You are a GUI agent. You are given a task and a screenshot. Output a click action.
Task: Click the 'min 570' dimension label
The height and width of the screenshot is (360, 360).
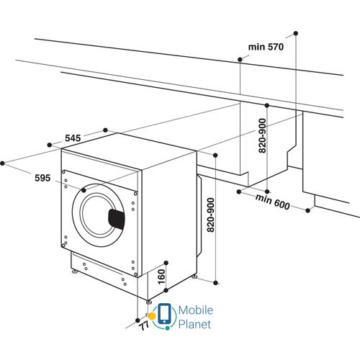[x=266, y=47]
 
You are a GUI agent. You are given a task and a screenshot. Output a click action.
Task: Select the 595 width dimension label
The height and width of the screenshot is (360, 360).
[x=42, y=179]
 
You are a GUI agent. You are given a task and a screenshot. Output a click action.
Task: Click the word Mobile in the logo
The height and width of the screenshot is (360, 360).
[x=194, y=310]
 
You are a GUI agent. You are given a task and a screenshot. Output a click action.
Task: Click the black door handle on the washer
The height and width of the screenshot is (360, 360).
[x=116, y=217]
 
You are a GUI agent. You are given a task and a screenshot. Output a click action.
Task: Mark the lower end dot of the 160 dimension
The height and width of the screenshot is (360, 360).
[x=166, y=291]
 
